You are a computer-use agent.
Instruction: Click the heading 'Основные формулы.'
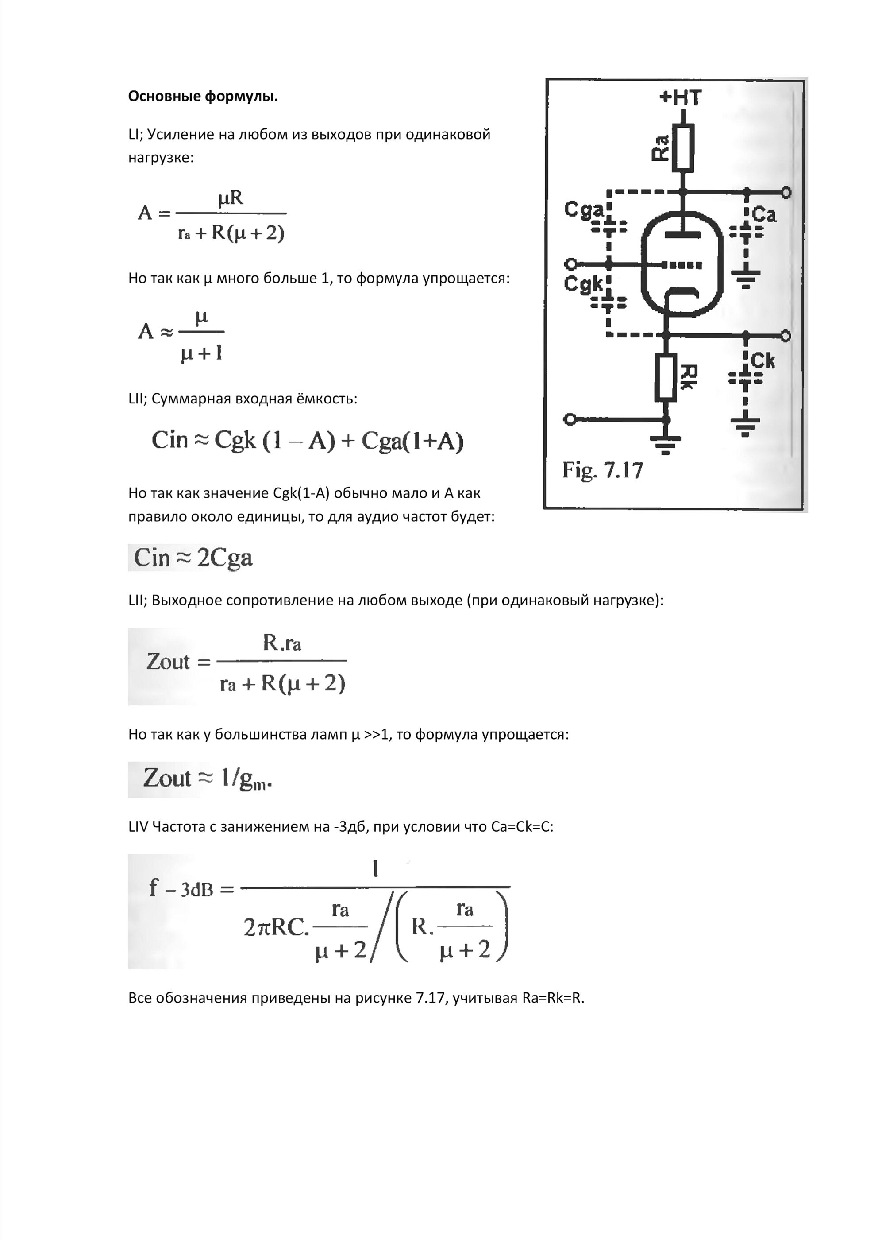[x=203, y=97]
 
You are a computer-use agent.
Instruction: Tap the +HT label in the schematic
[x=680, y=98]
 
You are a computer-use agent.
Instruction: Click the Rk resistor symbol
[x=666, y=378]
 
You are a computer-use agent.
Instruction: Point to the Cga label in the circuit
[x=583, y=209]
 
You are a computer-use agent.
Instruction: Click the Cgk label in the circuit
[x=582, y=283]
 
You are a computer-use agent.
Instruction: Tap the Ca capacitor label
[x=764, y=215]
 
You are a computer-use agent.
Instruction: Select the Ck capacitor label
[x=763, y=360]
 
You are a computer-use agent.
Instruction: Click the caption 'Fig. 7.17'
[x=602, y=469]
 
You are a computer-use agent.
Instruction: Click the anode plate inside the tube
[x=682, y=234]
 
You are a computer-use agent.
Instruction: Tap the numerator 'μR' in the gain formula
[x=231, y=198]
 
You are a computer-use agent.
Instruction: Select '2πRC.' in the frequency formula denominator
[x=276, y=927]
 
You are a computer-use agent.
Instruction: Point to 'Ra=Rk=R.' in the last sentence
[x=553, y=998]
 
